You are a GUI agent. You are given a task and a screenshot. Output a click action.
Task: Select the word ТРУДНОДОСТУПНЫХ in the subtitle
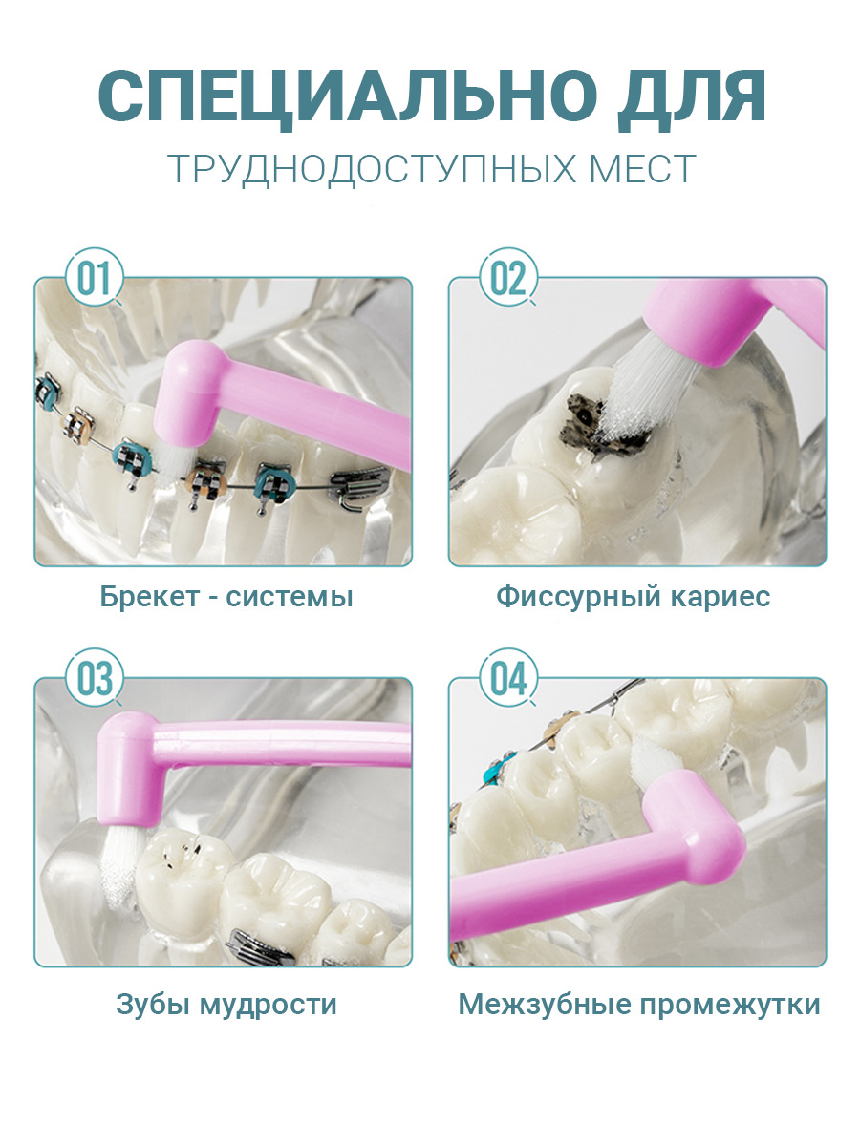coord(370,169)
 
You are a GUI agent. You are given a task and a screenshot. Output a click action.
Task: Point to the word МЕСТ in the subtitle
coord(642,168)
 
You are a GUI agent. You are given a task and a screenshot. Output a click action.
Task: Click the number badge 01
coord(95,277)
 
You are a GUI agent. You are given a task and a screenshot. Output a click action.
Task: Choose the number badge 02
coord(508,277)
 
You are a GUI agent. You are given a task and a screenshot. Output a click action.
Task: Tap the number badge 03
coord(95,678)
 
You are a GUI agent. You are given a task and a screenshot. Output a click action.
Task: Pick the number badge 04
coord(508,678)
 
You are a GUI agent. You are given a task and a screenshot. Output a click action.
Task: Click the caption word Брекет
coord(150,597)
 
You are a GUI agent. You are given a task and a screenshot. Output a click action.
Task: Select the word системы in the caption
coord(290,597)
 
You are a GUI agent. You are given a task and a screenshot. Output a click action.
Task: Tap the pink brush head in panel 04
coord(696,830)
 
